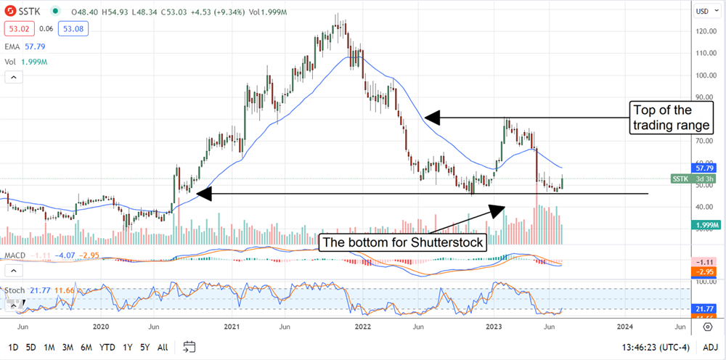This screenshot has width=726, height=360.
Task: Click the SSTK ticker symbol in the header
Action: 30,12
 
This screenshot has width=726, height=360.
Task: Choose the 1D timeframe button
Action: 12,347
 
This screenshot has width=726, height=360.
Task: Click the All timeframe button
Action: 163,347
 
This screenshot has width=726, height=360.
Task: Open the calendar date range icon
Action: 189,346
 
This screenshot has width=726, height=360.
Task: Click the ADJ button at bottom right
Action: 710,347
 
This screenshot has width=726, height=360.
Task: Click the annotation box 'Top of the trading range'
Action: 672,118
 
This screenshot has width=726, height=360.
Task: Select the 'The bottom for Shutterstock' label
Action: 403,242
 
